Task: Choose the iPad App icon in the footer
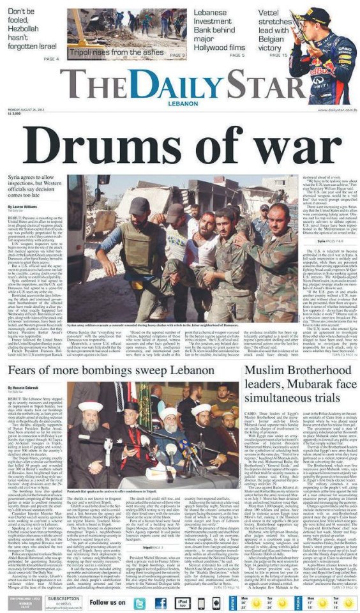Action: [182, 602]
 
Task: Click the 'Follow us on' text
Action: [107, 602]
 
